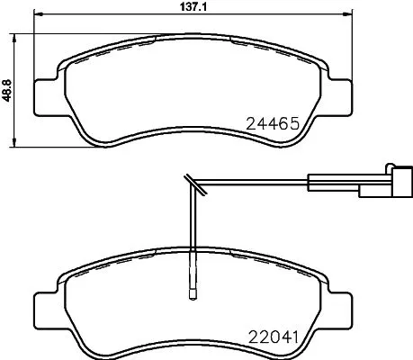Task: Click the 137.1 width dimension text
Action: (x=188, y=7)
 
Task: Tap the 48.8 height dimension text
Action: (x=8, y=90)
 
